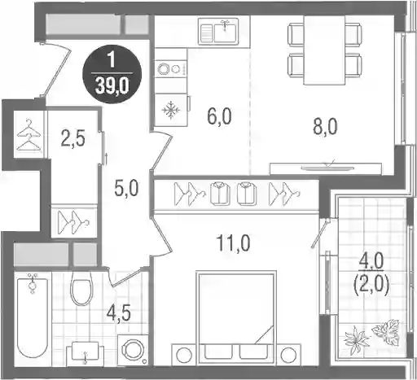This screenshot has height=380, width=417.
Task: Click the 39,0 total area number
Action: click(x=112, y=86)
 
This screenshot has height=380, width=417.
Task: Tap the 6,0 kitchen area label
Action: click(x=219, y=116)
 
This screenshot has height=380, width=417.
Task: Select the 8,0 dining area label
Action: click(x=325, y=127)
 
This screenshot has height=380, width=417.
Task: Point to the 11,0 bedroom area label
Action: click(x=233, y=243)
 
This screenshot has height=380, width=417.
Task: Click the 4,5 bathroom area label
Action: click(x=119, y=313)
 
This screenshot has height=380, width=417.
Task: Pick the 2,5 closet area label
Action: click(x=72, y=139)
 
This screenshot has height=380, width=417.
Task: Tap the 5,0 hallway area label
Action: click(x=126, y=189)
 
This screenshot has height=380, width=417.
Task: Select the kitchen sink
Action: click(x=218, y=31)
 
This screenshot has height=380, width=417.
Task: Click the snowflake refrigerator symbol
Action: click(x=171, y=110)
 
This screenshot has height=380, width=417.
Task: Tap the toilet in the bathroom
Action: click(x=81, y=289)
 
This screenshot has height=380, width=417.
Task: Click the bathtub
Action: click(x=33, y=315)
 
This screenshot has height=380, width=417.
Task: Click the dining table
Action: click(x=324, y=50)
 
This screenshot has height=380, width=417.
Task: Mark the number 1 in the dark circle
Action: click(x=112, y=60)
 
